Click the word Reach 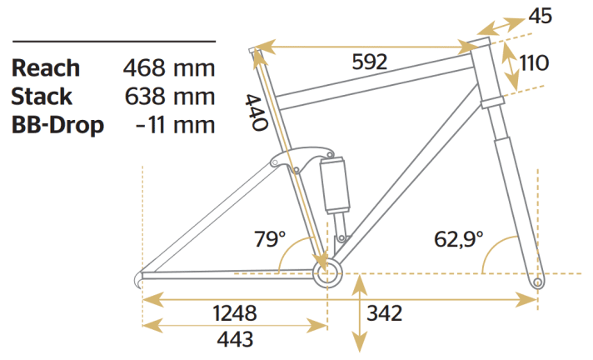tap(46, 68)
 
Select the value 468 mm tap(169, 68)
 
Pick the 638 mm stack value tap(169, 97)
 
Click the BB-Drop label tap(58, 125)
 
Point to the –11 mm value tap(174, 125)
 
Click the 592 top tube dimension tap(369, 62)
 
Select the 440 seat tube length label tap(255, 112)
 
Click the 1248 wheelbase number tap(235, 313)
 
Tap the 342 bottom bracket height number tap(385, 314)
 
